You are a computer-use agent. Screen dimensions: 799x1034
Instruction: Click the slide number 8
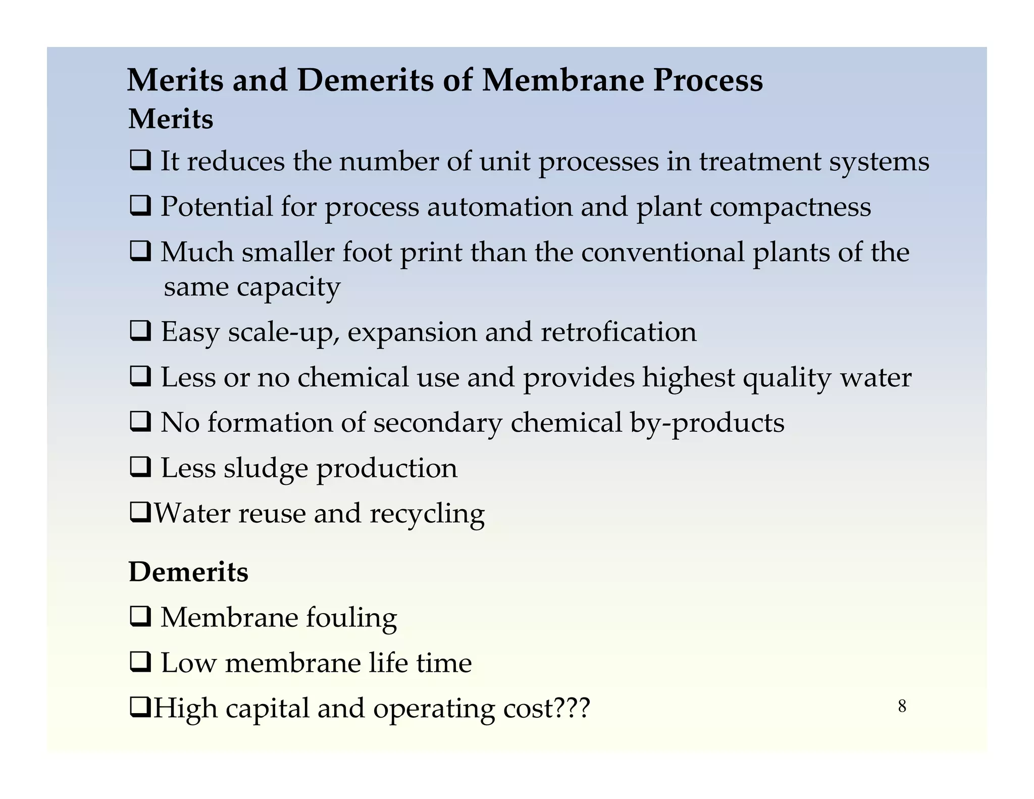[x=902, y=706]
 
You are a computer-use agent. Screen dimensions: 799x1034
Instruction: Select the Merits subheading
[x=171, y=120]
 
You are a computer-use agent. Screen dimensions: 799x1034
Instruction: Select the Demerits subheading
[x=188, y=572]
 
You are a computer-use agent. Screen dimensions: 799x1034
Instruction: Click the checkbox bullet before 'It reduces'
[x=140, y=161]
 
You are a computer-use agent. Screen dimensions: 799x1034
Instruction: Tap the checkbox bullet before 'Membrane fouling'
[x=140, y=618]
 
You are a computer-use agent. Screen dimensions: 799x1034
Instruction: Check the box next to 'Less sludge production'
[x=140, y=467]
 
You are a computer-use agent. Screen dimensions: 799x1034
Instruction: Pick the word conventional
[x=662, y=252]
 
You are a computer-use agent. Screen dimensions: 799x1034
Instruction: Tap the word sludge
[x=266, y=469]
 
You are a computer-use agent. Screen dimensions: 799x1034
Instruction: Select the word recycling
[x=427, y=514]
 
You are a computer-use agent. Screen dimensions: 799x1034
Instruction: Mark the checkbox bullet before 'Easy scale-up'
[x=140, y=332]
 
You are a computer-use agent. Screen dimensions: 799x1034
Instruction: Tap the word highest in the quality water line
[x=688, y=378]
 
